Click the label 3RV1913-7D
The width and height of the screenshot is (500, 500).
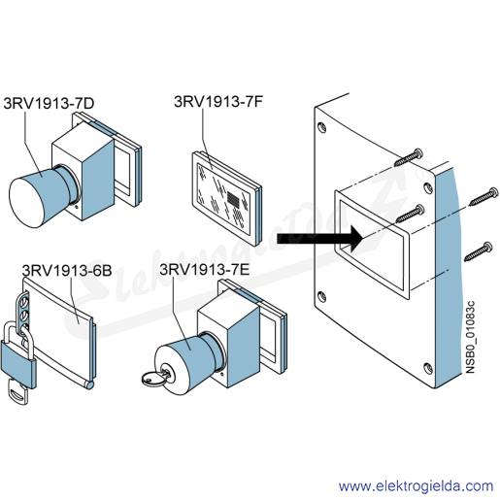coord(49,103)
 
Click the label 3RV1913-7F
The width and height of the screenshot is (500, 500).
coord(218,102)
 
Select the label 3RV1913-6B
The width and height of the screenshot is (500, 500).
coord(67,270)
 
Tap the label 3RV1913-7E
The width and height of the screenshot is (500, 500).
coord(205,269)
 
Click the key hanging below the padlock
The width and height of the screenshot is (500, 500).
coord(18,392)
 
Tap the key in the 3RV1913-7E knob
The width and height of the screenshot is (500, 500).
coord(156,378)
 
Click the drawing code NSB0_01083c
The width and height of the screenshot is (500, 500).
coord(470,337)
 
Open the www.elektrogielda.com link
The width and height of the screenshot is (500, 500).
coord(416,486)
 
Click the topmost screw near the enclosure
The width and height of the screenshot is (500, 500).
coord(409,157)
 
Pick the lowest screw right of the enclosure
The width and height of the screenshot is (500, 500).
coord(479,251)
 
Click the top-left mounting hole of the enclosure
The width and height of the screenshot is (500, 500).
coord(321,126)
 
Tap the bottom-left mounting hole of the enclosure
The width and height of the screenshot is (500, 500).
coord(321,296)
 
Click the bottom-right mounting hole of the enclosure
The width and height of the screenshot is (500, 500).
coord(427,368)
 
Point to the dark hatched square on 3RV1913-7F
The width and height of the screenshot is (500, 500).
coord(234,197)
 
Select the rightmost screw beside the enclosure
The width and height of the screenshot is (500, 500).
coord(483,196)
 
